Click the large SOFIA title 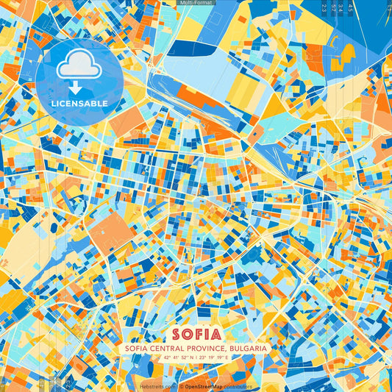(x=196, y=332)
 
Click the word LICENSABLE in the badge (x=79, y=104)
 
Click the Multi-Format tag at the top (x=196, y=3)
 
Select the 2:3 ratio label (x=324, y=7)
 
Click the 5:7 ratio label (x=333, y=7)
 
